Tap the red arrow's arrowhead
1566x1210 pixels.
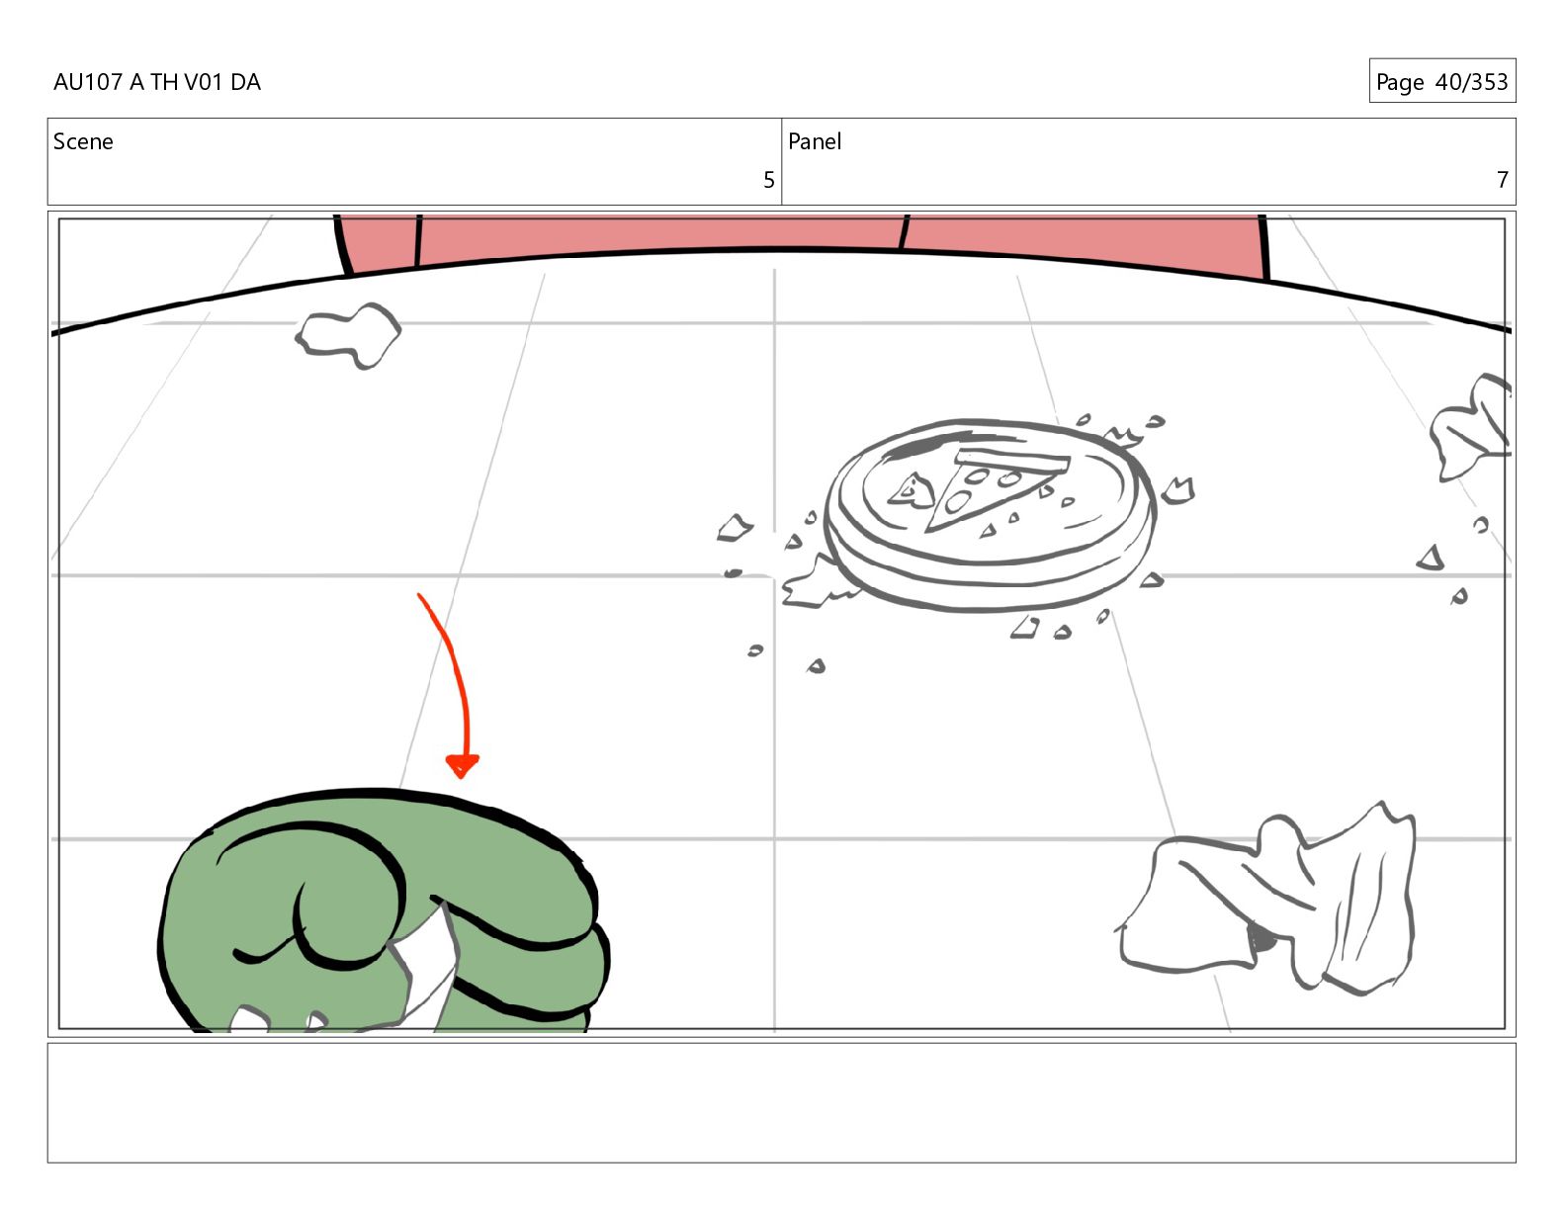click(x=462, y=765)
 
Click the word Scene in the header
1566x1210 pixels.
click(x=83, y=141)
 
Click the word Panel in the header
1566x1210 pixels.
click(x=815, y=141)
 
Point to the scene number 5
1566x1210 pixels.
click(x=769, y=180)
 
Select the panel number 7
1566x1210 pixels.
click(x=1502, y=180)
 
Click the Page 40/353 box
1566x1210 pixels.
click(x=1442, y=81)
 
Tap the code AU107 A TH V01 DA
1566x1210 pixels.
click(x=157, y=82)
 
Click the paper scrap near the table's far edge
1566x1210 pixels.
click(x=348, y=335)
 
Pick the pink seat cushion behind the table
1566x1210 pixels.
click(x=800, y=241)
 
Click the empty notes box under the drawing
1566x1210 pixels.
click(x=782, y=1102)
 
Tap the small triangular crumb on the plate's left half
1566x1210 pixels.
click(x=912, y=491)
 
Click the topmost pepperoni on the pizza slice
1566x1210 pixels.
click(x=978, y=475)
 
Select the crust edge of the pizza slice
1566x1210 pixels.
click(x=1012, y=459)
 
